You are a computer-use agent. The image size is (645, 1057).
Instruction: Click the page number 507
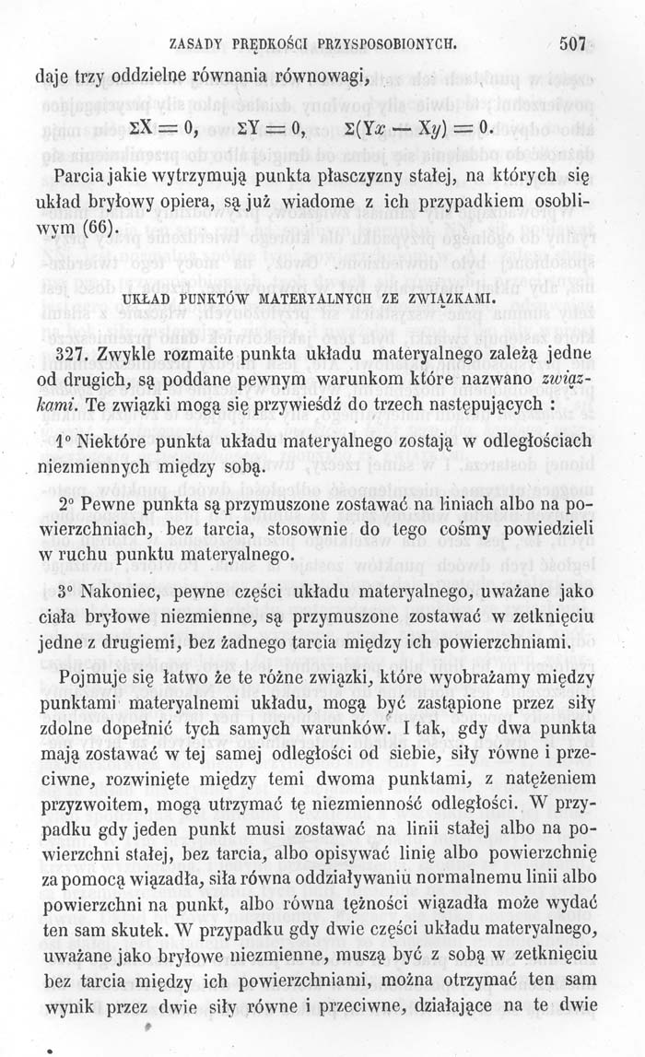click(x=572, y=42)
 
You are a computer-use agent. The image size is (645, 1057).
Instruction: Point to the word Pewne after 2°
click(x=109, y=507)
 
